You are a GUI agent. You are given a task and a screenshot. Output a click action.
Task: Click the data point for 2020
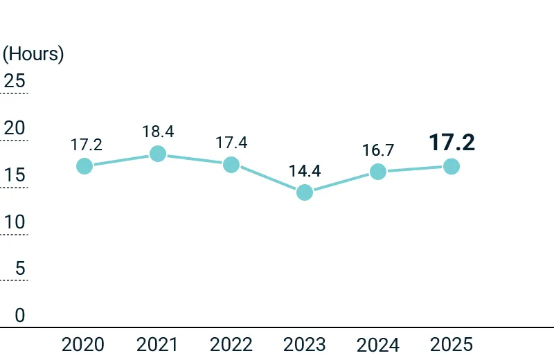coord(84,166)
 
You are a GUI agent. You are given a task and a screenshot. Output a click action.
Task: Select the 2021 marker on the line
coord(158,154)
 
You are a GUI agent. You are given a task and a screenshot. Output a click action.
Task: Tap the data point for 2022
coord(231,165)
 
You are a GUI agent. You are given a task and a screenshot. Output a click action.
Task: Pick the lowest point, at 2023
coord(305,192)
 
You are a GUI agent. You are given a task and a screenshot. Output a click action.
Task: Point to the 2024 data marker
coord(378,172)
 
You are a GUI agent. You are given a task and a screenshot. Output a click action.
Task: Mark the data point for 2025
coord(452,166)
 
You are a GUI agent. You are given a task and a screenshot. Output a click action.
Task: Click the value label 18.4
coord(158,132)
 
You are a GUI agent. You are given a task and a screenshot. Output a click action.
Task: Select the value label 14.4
coord(305,171)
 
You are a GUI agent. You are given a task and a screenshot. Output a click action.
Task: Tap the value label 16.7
coord(378,150)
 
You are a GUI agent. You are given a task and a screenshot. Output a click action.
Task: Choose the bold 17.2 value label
coord(452,143)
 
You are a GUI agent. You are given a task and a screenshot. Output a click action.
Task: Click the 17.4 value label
coord(231,143)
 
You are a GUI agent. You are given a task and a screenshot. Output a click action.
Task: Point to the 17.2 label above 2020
coord(86,145)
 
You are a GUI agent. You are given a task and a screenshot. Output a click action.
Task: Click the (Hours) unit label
coord(33,54)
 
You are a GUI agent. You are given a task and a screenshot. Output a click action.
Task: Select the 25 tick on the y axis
coord(15,80)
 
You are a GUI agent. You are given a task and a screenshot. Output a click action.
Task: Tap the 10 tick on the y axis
coord(15,222)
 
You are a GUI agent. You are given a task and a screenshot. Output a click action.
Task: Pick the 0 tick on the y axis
coord(20,315)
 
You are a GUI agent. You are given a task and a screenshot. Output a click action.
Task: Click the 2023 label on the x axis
coord(304,345)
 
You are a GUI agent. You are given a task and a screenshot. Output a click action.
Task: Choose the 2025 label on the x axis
coord(452,345)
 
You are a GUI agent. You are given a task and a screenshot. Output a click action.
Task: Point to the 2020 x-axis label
coord(82,345)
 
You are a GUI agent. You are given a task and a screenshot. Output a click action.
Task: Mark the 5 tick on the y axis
coord(20,268)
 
